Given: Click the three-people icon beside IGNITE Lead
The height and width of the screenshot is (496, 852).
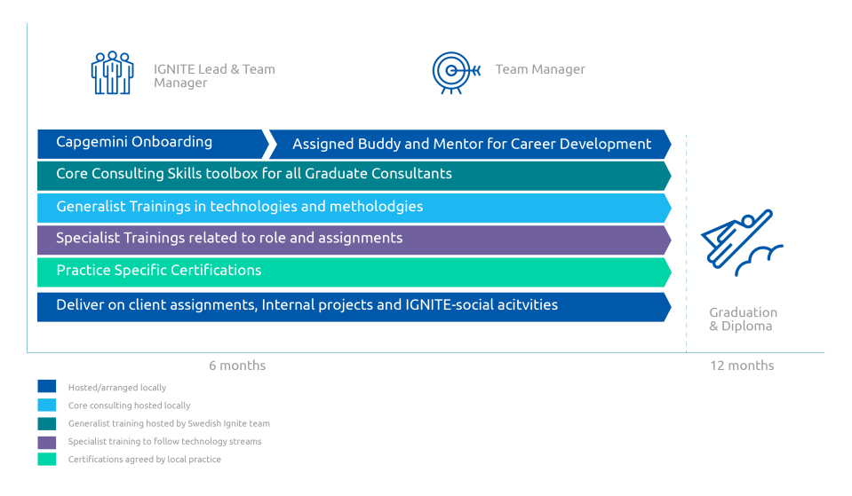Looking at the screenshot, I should tap(112, 73).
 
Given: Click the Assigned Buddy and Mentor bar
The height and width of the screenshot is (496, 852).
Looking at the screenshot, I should tap(471, 144).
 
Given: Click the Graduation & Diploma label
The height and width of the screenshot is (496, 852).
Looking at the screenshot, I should tap(743, 319).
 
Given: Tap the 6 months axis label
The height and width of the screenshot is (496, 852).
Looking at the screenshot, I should tap(237, 366).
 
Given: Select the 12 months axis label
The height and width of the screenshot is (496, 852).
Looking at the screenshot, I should tap(741, 366).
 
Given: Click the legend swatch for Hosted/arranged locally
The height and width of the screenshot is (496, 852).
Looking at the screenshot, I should tap(47, 387).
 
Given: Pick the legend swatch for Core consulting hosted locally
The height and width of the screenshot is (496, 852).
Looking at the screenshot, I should tap(47, 405).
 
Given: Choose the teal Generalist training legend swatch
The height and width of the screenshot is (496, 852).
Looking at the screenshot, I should tap(47, 423).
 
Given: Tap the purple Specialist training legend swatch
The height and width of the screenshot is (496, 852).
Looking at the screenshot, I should tap(47, 441).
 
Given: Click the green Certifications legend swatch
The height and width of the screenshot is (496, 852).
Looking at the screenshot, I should tap(47, 460).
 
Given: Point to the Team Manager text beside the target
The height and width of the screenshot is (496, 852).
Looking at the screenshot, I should tap(540, 69).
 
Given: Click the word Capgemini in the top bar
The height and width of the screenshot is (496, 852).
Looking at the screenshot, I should tap(91, 142).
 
